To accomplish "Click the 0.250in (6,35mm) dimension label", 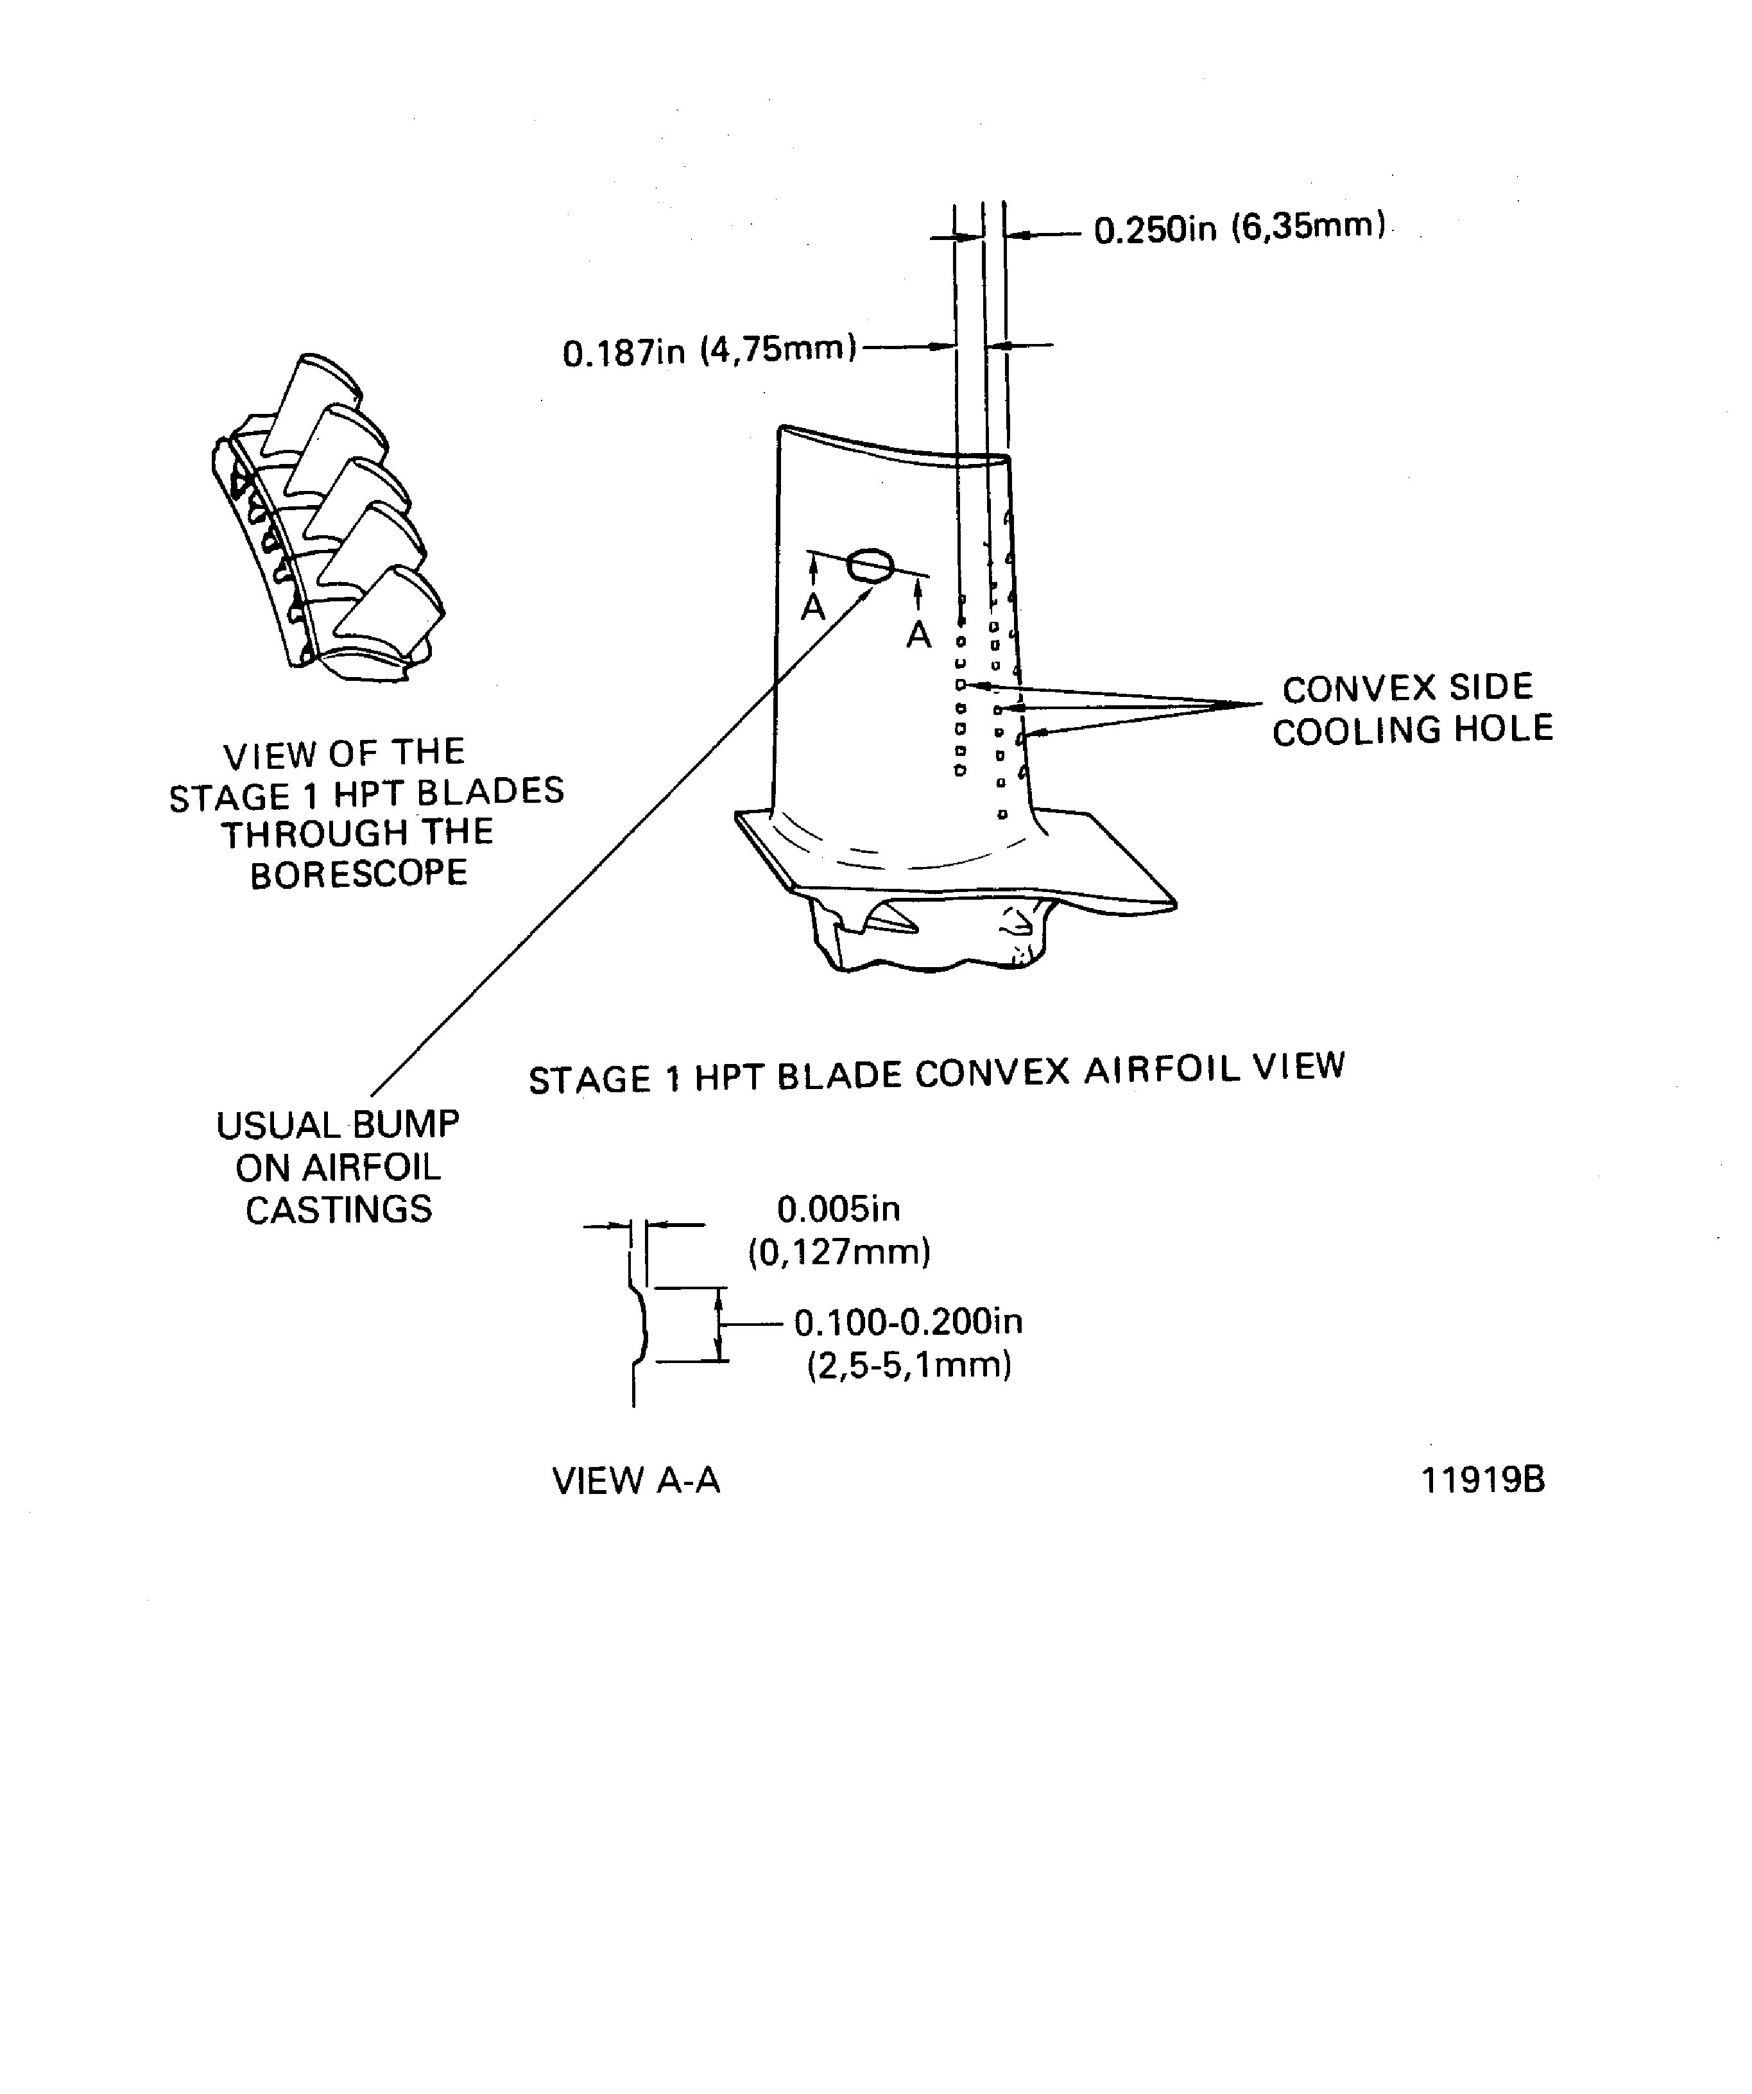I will pos(1239,228).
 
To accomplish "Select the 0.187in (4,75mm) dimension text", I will pos(709,351).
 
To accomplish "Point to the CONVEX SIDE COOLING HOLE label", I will pos(1412,709).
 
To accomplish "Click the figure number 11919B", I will pos(1482,1480).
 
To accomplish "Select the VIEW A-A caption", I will pos(635,1480).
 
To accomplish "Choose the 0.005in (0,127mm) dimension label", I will pos(839,1230).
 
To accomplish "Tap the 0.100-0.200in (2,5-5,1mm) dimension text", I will pos(908,1342).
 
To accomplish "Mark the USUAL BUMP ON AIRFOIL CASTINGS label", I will pos(338,1167).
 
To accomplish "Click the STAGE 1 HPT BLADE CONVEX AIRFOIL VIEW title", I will pos(936,1073).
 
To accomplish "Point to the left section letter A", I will pos(814,606).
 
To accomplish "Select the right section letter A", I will pos(918,634).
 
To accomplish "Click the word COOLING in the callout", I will pos(1355,731).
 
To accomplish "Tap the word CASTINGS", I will pos(338,1210).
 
